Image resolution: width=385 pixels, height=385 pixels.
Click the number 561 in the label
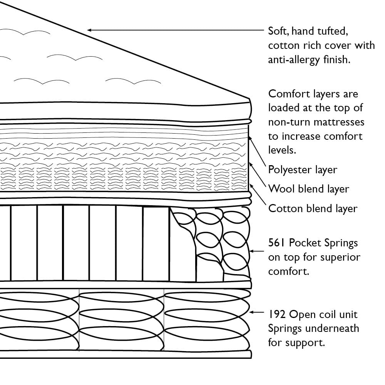point(277,243)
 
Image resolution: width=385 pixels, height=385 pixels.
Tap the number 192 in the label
point(277,315)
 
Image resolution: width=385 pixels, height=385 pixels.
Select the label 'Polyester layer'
point(303,169)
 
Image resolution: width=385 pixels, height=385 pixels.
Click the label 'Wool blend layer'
point(308,189)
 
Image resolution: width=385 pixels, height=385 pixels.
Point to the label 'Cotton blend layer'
point(313,208)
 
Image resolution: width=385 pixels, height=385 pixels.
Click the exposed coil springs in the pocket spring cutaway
point(210,239)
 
